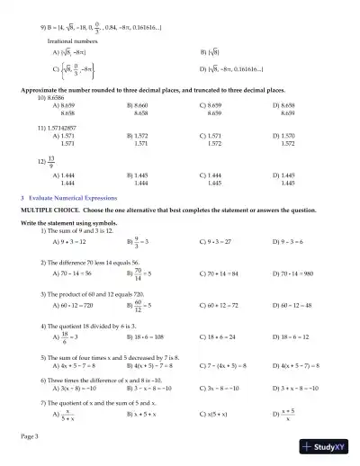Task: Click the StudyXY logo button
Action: [x=328, y=447]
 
